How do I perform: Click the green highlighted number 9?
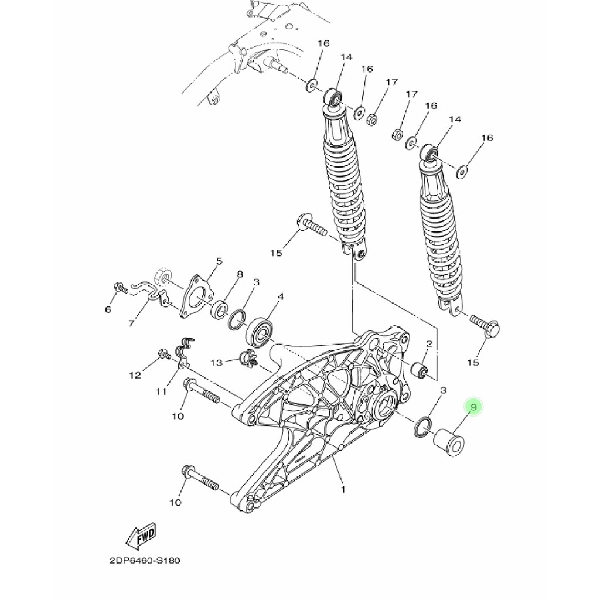tap(473, 407)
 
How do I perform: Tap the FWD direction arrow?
tap(142, 537)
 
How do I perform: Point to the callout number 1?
tap(343, 489)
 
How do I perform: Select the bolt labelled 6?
tap(120, 288)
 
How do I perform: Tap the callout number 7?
tap(131, 323)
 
